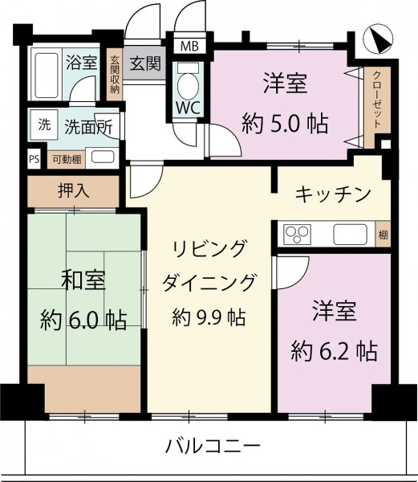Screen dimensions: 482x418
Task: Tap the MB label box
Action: (189, 45)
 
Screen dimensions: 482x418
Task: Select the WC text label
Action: (190, 108)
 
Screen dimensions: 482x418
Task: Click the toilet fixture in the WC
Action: (189, 83)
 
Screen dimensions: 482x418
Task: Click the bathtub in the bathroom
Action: (46, 74)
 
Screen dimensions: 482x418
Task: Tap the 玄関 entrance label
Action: (144, 62)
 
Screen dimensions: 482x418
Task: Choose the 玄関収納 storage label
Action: (115, 75)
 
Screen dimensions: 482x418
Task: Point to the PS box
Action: (34, 158)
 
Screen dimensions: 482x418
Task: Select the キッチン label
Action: (333, 194)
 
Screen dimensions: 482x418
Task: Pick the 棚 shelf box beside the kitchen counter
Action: (385, 235)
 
